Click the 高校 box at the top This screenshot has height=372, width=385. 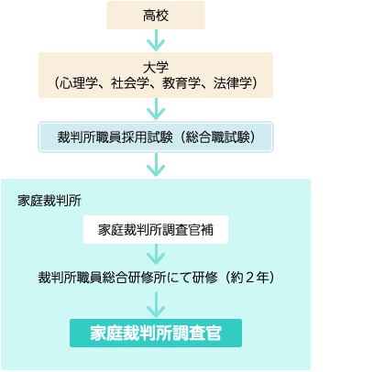(x=156, y=16)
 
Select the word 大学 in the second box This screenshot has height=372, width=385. (x=156, y=67)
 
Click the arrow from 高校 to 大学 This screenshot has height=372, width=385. (x=156, y=40)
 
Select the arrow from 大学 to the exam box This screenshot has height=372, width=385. (x=156, y=109)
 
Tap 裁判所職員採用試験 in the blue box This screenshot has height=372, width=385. (x=115, y=137)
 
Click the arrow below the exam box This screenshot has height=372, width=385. (x=156, y=165)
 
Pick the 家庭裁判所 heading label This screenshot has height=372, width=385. (x=49, y=201)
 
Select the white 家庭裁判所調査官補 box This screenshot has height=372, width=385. (x=156, y=230)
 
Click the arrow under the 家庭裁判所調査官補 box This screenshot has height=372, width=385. (x=156, y=255)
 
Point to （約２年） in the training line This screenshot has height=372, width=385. (x=250, y=278)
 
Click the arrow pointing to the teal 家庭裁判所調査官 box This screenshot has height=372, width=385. (x=156, y=305)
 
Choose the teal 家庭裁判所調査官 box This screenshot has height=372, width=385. (x=156, y=333)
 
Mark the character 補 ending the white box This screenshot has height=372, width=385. (x=207, y=230)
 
